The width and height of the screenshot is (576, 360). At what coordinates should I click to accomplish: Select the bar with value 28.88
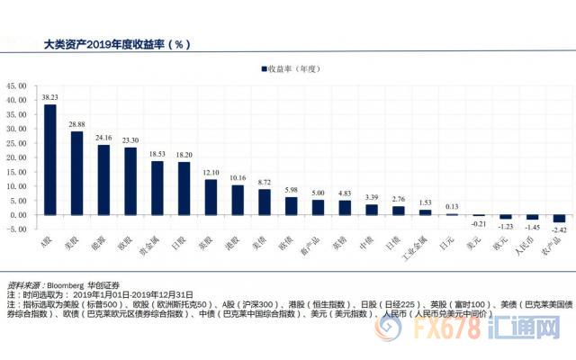coord(76,173)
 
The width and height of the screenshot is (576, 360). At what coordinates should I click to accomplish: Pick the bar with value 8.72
coord(265,202)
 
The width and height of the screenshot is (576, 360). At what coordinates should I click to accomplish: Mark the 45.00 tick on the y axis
coord(17,86)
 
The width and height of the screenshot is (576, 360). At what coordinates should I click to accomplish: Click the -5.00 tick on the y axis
coord(17,229)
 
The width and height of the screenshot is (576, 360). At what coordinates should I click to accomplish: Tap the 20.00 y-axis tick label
coord(17,157)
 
